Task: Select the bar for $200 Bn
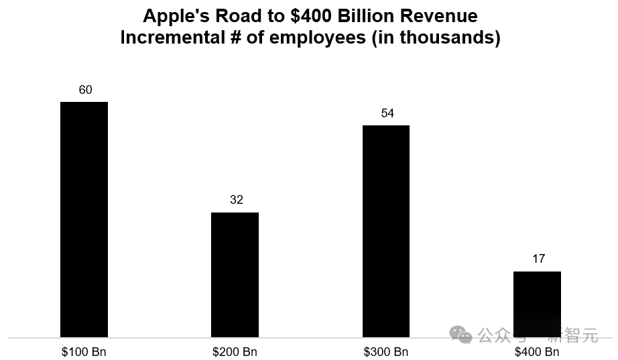tap(235, 275)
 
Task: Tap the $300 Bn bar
tap(386, 231)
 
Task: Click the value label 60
tap(85, 90)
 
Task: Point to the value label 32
tap(236, 200)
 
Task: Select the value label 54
tap(387, 113)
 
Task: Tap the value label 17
tap(538, 259)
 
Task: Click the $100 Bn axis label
tap(84, 352)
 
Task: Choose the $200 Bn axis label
tap(235, 352)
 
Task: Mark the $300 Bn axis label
tap(386, 352)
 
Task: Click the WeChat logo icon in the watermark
tap(460, 335)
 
